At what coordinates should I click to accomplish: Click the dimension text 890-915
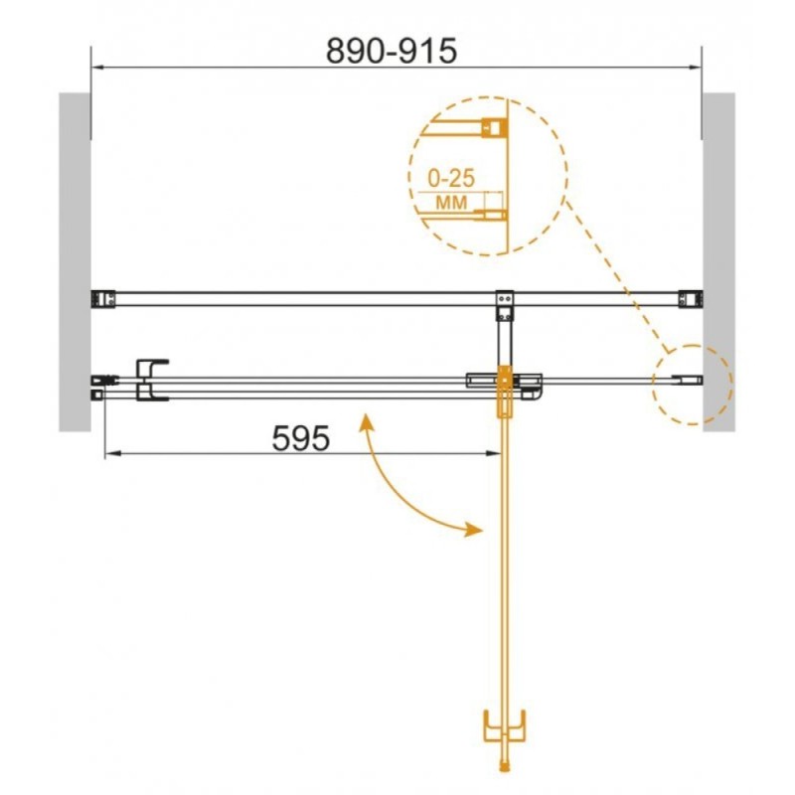391,51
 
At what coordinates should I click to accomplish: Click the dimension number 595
301,438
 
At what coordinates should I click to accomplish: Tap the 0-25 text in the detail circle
451,178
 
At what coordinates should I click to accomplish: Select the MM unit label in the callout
451,203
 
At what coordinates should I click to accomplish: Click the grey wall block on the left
76,262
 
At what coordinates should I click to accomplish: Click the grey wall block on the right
718,262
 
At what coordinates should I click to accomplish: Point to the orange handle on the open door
505,726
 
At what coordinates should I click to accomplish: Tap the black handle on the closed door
152,380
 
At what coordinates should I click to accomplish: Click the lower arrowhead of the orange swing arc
474,530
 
